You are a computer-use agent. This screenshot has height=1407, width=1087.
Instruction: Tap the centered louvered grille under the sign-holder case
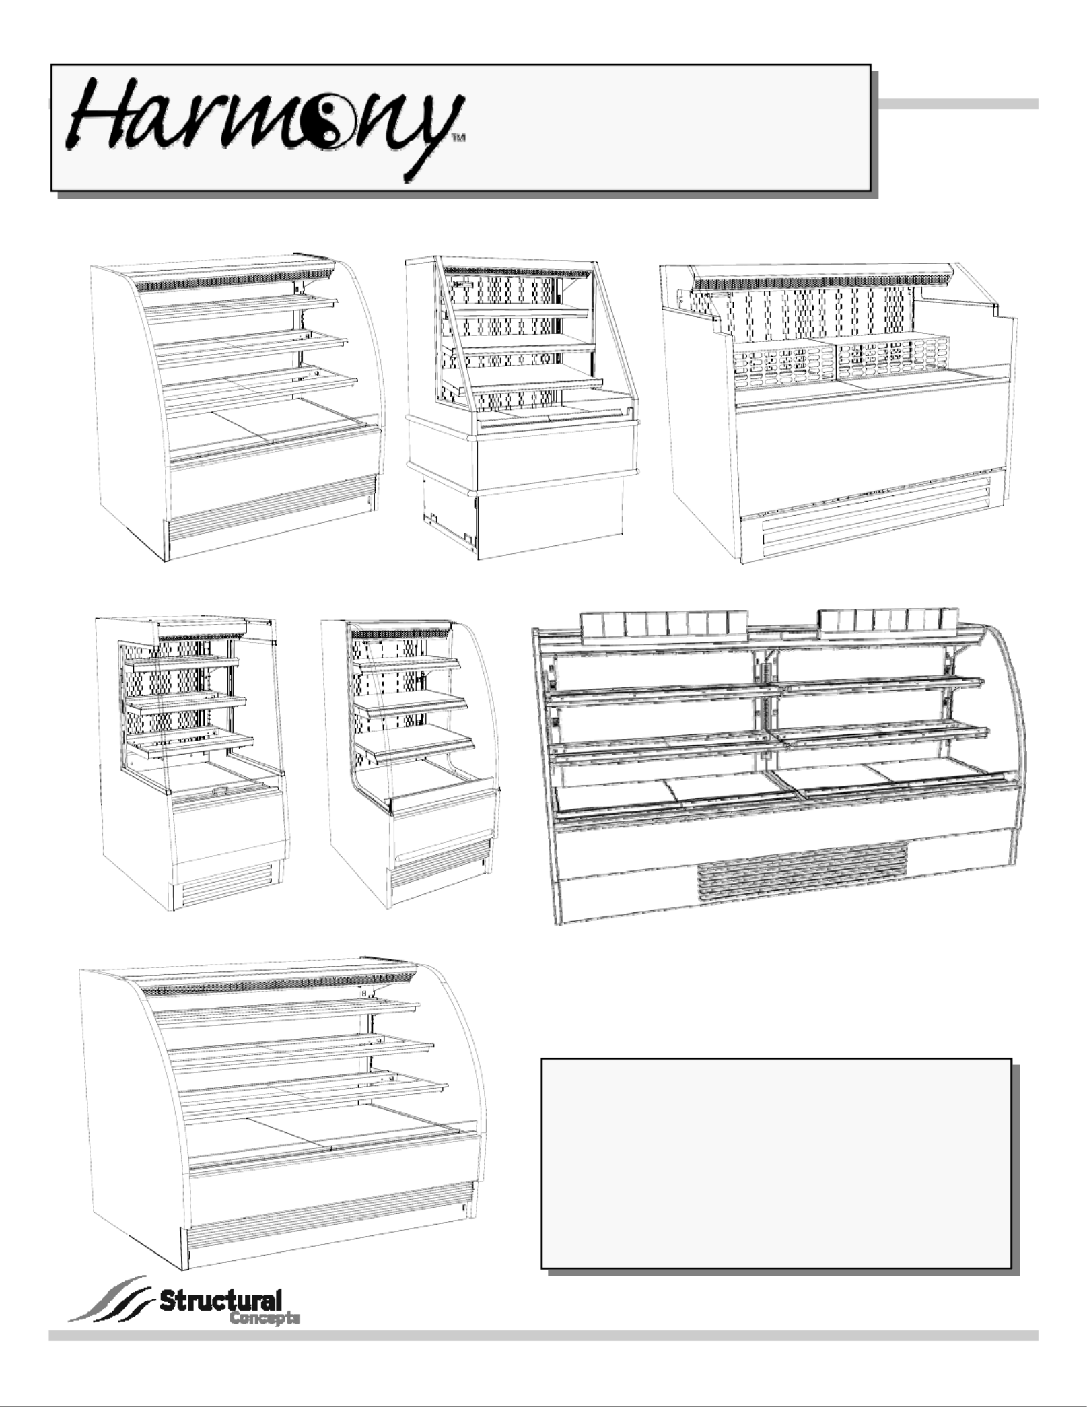coord(803,865)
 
